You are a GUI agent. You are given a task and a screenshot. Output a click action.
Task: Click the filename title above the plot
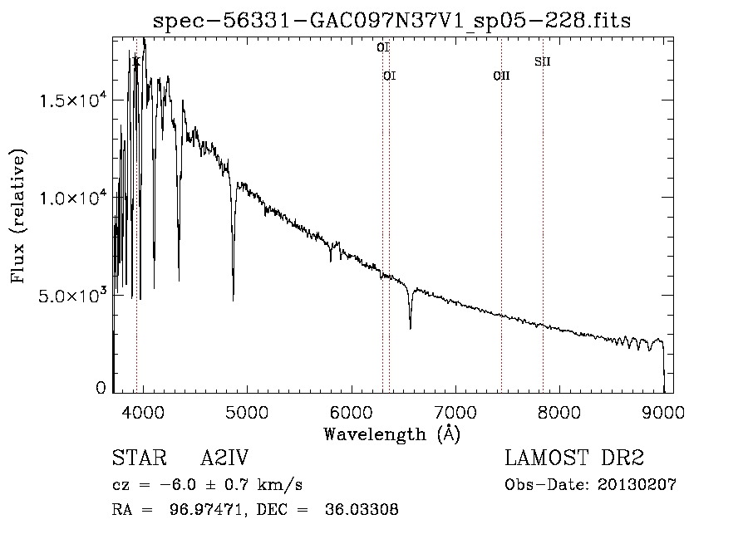[x=391, y=21]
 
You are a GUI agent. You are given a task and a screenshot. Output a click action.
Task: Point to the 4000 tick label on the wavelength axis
[x=143, y=412]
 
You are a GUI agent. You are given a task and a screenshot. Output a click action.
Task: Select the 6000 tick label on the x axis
[x=352, y=412]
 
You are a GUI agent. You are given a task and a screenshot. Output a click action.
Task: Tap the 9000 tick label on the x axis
[x=663, y=412]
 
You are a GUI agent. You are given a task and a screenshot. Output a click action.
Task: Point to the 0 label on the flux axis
[x=101, y=388]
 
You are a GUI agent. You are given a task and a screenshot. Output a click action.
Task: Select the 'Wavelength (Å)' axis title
[x=392, y=434]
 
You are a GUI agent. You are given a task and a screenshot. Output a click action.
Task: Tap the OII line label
[x=501, y=76]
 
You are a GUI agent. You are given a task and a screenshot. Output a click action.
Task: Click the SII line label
[x=543, y=61]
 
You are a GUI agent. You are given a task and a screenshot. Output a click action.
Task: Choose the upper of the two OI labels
[x=383, y=47]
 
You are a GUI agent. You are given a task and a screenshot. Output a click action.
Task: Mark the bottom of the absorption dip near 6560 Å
[x=411, y=328]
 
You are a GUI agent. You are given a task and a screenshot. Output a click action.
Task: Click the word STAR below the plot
[x=140, y=458]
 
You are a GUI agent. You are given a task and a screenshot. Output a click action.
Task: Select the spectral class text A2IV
[x=224, y=458]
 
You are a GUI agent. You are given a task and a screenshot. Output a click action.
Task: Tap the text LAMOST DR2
[x=574, y=458]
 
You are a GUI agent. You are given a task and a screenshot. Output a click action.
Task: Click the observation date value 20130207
[x=637, y=485]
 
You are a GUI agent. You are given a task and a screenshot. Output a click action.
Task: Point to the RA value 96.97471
[x=208, y=509]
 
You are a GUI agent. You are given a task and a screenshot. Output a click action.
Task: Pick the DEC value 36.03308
[x=362, y=509]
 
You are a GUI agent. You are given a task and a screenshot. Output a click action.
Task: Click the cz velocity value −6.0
[x=178, y=485]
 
